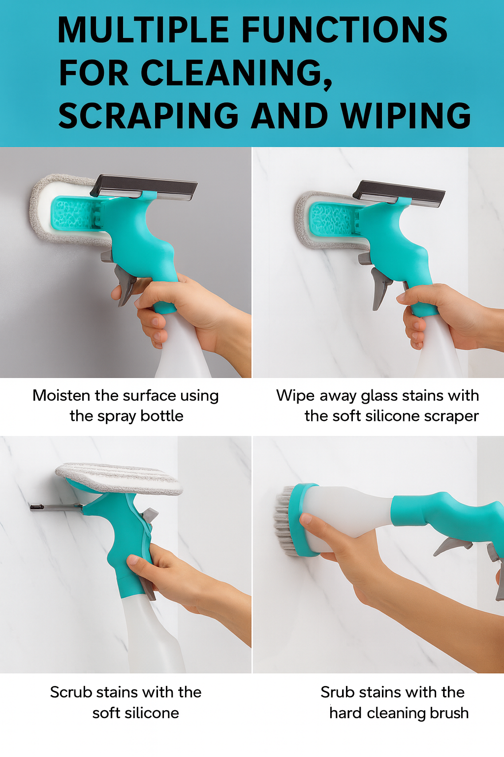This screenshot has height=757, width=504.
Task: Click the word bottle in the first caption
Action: click(x=161, y=416)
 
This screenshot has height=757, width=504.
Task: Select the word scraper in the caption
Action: click(x=451, y=416)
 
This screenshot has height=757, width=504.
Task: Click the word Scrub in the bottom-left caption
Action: click(x=71, y=692)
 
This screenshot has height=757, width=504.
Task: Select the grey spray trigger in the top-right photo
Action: click(x=380, y=286)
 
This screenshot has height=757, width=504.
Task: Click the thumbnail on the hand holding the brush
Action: click(x=306, y=518)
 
